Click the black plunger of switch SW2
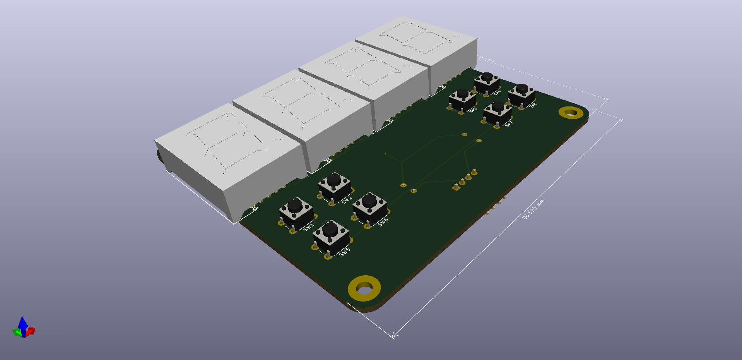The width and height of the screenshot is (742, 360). [x=333, y=179]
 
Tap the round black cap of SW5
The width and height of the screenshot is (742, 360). [x=330, y=228]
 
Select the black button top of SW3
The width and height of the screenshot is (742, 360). [x=462, y=93]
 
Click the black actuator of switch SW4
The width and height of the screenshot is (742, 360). [x=487, y=77]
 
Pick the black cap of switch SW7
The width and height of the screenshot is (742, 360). [x=498, y=106]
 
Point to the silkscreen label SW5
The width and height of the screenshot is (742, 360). [x=344, y=251]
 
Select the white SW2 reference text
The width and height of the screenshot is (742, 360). [x=347, y=199]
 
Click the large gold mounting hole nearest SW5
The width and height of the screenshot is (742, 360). [x=364, y=288]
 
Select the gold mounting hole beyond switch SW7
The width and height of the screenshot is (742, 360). [x=571, y=113]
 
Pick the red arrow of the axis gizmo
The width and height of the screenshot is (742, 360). [x=31, y=331]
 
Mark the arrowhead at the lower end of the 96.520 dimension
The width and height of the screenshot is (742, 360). [x=394, y=335]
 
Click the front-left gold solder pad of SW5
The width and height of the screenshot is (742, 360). [x=315, y=247]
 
